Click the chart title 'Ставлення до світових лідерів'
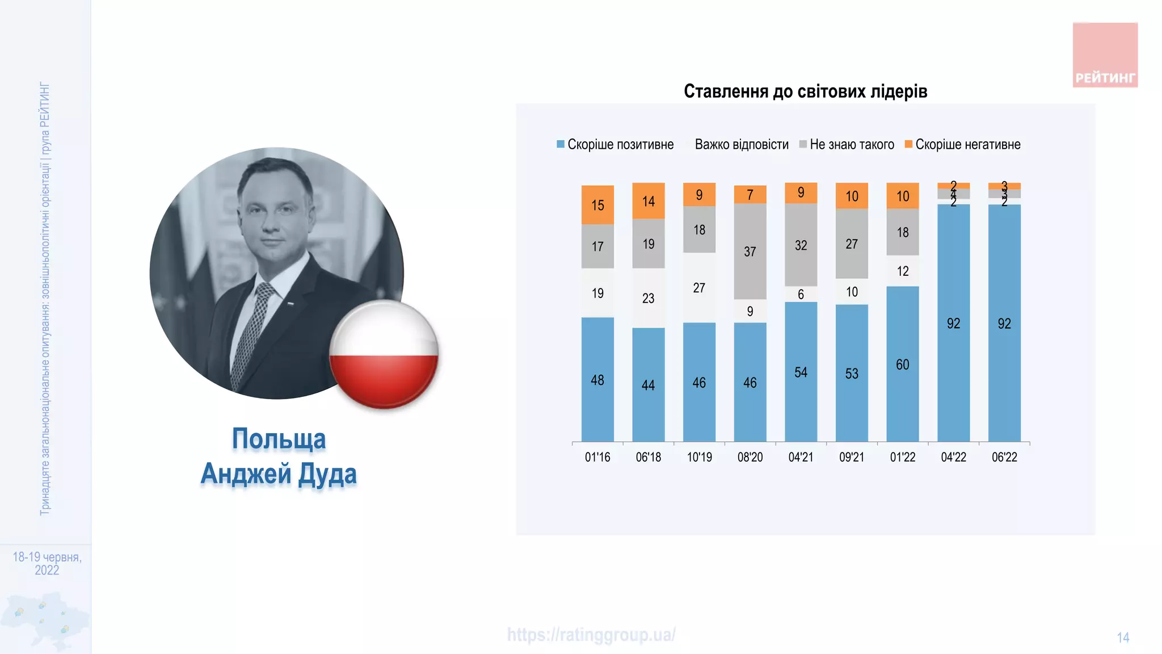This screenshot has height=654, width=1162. click(805, 91)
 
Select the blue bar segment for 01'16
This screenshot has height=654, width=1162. click(597, 379)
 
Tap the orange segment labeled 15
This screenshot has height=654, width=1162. click(597, 205)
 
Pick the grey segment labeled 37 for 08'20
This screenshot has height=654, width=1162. click(750, 251)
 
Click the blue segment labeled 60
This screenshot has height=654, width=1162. click(902, 364)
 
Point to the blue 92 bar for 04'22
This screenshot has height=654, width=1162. click(953, 323)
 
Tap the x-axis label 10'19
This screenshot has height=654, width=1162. click(699, 457)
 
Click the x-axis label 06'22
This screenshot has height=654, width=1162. click(1004, 457)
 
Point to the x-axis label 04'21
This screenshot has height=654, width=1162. click(801, 457)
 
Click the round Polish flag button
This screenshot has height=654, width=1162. click(384, 354)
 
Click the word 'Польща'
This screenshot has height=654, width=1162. click(279, 439)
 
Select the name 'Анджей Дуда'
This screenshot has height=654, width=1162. click(279, 473)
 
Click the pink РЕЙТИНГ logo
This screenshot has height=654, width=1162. click(1105, 55)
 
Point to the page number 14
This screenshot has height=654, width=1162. click(1123, 638)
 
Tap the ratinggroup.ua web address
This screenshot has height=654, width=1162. click(591, 635)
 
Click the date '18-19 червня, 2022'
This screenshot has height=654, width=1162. click(47, 563)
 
